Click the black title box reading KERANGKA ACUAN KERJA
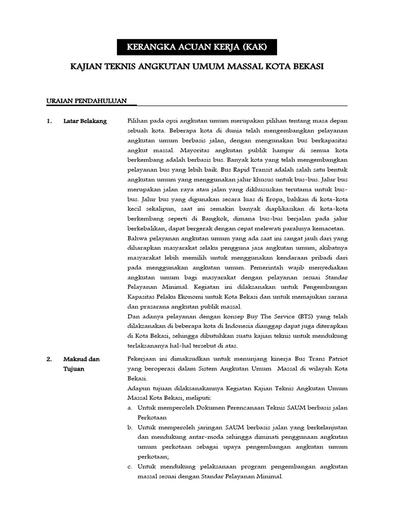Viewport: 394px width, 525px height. click(197, 48)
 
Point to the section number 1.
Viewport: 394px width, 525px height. click(49, 121)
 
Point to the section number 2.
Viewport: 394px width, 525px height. click(49, 359)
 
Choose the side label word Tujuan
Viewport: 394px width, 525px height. click(74, 369)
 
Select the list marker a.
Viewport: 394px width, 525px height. click(130, 408)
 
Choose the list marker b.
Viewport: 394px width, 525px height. click(130, 427)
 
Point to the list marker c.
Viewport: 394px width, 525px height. click(130, 467)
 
